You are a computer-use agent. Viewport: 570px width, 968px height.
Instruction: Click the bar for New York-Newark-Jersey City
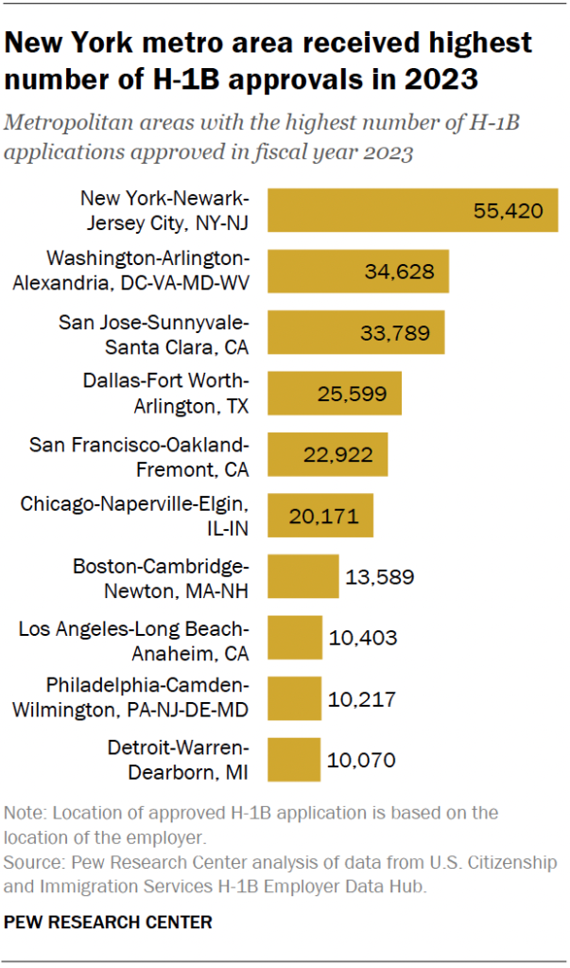pyautogui.click(x=413, y=210)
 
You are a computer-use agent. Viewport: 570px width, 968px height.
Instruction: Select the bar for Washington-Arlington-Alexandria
pyautogui.click(x=358, y=271)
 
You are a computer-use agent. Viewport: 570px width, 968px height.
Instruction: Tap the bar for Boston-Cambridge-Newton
pyautogui.click(x=303, y=576)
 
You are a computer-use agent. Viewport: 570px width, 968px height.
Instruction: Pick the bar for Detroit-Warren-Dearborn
pyautogui.click(x=295, y=759)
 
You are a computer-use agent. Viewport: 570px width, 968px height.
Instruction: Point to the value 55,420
pyautogui.click(x=508, y=210)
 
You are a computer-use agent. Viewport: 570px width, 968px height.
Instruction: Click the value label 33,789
pyautogui.click(x=394, y=332)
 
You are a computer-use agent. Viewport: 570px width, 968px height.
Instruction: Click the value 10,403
pyautogui.click(x=363, y=638)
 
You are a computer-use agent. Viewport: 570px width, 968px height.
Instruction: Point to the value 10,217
pyautogui.click(x=361, y=698)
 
